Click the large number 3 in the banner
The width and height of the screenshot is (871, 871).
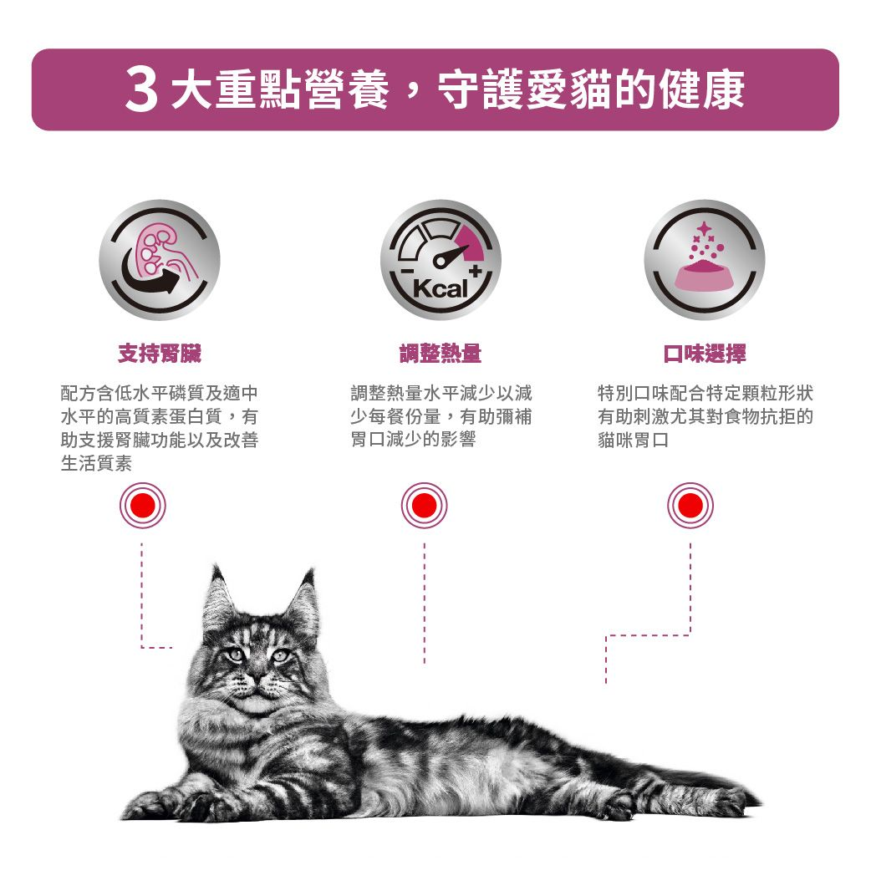pyautogui.click(x=142, y=91)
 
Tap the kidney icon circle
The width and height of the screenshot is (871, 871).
pyautogui.click(x=159, y=260)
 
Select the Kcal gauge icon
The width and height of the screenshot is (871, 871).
pyautogui.click(x=441, y=260)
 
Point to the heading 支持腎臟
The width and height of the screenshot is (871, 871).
pyautogui.click(x=159, y=354)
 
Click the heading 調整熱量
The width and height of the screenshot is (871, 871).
pyautogui.click(x=441, y=354)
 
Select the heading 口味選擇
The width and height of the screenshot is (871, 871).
pyautogui.click(x=704, y=354)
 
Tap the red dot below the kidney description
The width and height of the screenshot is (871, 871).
pyautogui.click(x=142, y=506)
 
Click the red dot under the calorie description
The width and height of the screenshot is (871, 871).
pyautogui.click(x=424, y=506)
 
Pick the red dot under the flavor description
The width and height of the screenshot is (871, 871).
pyautogui.click(x=690, y=506)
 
